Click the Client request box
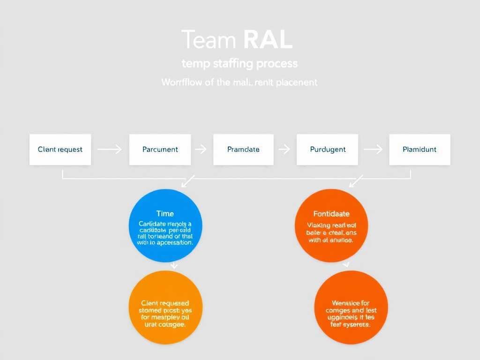pos(60,150)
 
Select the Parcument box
pos(160,150)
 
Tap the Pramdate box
pos(243,150)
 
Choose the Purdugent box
pos(328,150)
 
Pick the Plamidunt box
pos(420,150)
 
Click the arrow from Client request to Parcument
pos(110,150)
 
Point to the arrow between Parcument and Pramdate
pos(201,150)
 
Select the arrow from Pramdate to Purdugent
pos(284,150)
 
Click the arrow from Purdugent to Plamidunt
pos(373,150)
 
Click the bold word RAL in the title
pos(269,40)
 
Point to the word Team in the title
pos(208,40)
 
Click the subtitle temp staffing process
pos(240,63)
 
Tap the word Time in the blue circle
pos(165,214)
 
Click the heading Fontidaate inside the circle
pos(331,214)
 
